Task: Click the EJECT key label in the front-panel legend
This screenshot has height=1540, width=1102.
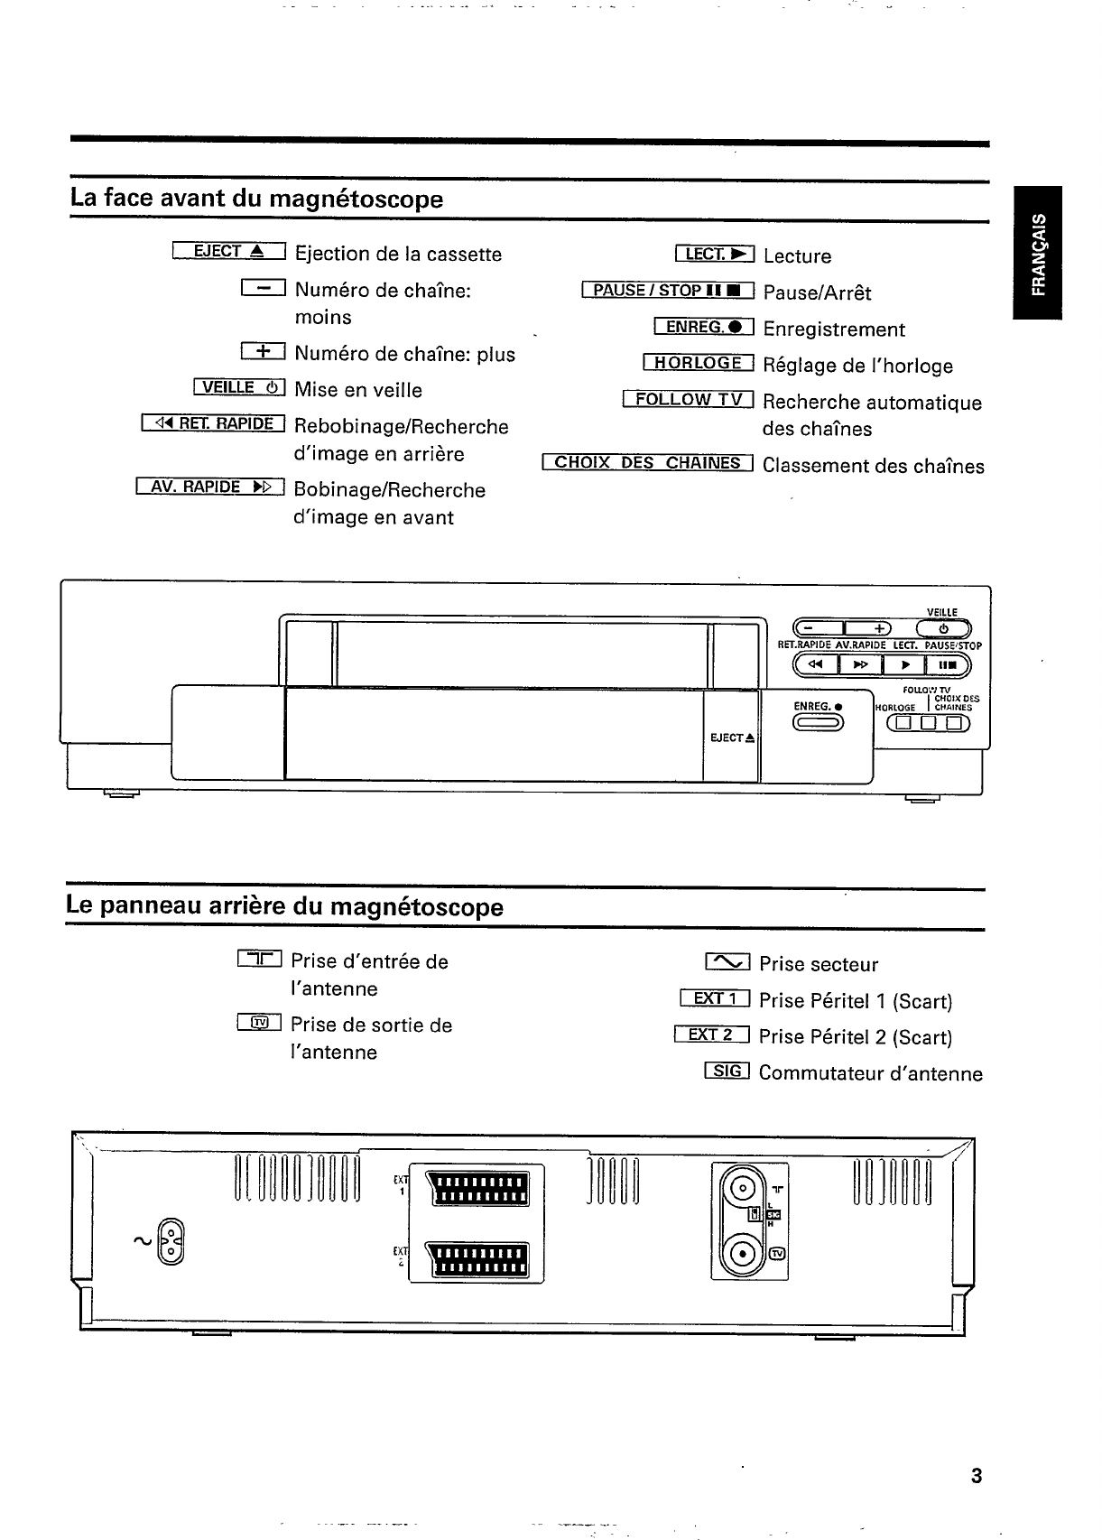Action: click(x=227, y=252)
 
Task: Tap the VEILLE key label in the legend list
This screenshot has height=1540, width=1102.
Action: click(x=239, y=387)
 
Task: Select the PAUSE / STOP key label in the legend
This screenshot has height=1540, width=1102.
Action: click(x=668, y=290)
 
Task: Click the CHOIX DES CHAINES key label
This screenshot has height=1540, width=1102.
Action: click(x=647, y=463)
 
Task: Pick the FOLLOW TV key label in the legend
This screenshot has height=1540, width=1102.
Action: click(x=688, y=399)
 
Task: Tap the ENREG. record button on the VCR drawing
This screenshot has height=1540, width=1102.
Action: click(x=818, y=722)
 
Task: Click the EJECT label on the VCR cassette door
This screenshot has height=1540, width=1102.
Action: click(x=732, y=738)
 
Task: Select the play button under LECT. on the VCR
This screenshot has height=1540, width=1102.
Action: click(x=903, y=666)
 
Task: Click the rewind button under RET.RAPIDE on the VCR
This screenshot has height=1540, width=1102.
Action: click(x=816, y=666)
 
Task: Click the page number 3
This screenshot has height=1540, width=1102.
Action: click(x=975, y=1477)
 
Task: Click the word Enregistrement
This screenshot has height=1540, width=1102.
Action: click(x=833, y=329)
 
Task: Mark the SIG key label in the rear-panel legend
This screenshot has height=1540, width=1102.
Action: click(x=727, y=1071)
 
